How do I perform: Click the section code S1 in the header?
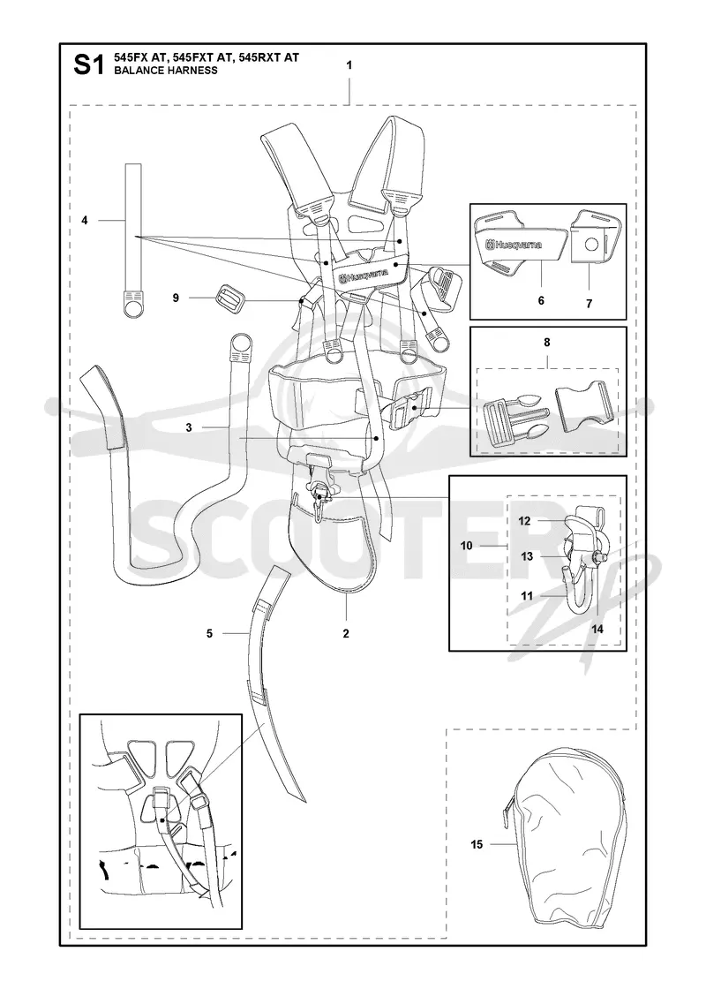[x=88, y=64]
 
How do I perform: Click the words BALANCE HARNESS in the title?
[x=166, y=71]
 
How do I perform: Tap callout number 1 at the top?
[x=349, y=65]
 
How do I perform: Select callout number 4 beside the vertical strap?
[x=85, y=220]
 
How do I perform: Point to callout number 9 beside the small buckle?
[x=176, y=298]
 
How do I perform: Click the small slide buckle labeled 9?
[x=228, y=296]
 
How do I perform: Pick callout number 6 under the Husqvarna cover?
[x=541, y=301]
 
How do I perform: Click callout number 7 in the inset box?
[x=589, y=304]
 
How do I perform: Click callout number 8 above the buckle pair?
[x=546, y=343]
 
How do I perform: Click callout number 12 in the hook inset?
[x=524, y=521]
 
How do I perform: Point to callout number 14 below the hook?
[x=597, y=629]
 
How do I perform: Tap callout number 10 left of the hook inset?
[x=467, y=546]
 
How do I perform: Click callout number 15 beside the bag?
[x=477, y=844]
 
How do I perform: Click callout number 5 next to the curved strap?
[x=209, y=633]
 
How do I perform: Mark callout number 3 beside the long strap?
[x=189, y=427]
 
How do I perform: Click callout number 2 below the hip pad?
[x=345, y=634]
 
